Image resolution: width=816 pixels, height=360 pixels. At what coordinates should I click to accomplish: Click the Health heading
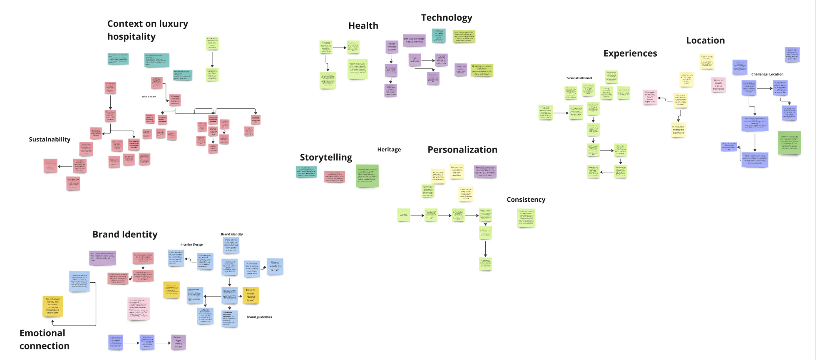click(x=363, y=25)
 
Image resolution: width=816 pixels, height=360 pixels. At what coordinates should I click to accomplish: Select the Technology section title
click(x=446, y=18)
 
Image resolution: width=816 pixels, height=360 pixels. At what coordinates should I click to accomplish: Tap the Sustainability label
click(x=49, y=139)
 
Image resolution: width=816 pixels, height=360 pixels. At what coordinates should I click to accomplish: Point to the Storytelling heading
click(x=326, y=157)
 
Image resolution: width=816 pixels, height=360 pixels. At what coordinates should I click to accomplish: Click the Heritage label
click(x=389, y=150)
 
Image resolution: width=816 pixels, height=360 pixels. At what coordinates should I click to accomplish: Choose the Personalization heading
click(x=462, y=150)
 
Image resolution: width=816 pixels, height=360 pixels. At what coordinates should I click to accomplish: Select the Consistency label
click(x=526, y=199)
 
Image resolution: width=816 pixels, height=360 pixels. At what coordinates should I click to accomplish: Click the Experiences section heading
click(x=630, y=53)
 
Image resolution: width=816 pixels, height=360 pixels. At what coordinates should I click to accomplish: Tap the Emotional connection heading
click(x=44, y=339)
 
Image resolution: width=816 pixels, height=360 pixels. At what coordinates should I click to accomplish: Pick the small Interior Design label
click(x=192, y=244)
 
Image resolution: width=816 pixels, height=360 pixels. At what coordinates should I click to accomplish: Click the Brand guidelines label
click(x=259, y=317)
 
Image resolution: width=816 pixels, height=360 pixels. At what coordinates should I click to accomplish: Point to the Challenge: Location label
click(x=767, y=74)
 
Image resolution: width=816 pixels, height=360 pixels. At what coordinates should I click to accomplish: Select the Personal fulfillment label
click(x=579, y=78)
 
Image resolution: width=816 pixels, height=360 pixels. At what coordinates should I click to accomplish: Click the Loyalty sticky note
click(x=403, y=215)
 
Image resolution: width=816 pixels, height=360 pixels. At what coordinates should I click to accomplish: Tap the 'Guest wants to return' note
click(x=275, y=266)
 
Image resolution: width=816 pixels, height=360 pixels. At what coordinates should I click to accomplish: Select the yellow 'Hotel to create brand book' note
click(x=250, y=295)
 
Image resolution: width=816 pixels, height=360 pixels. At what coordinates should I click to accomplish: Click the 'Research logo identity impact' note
click(x=178, y=342)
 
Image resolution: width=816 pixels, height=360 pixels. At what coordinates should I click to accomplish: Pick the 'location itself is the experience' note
click(x=678, y=130)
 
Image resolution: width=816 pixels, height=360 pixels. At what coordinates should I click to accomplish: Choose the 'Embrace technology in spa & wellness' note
click(x=414, y=40)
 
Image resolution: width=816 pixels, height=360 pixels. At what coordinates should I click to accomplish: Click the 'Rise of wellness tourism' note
click(x=391, y=47)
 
